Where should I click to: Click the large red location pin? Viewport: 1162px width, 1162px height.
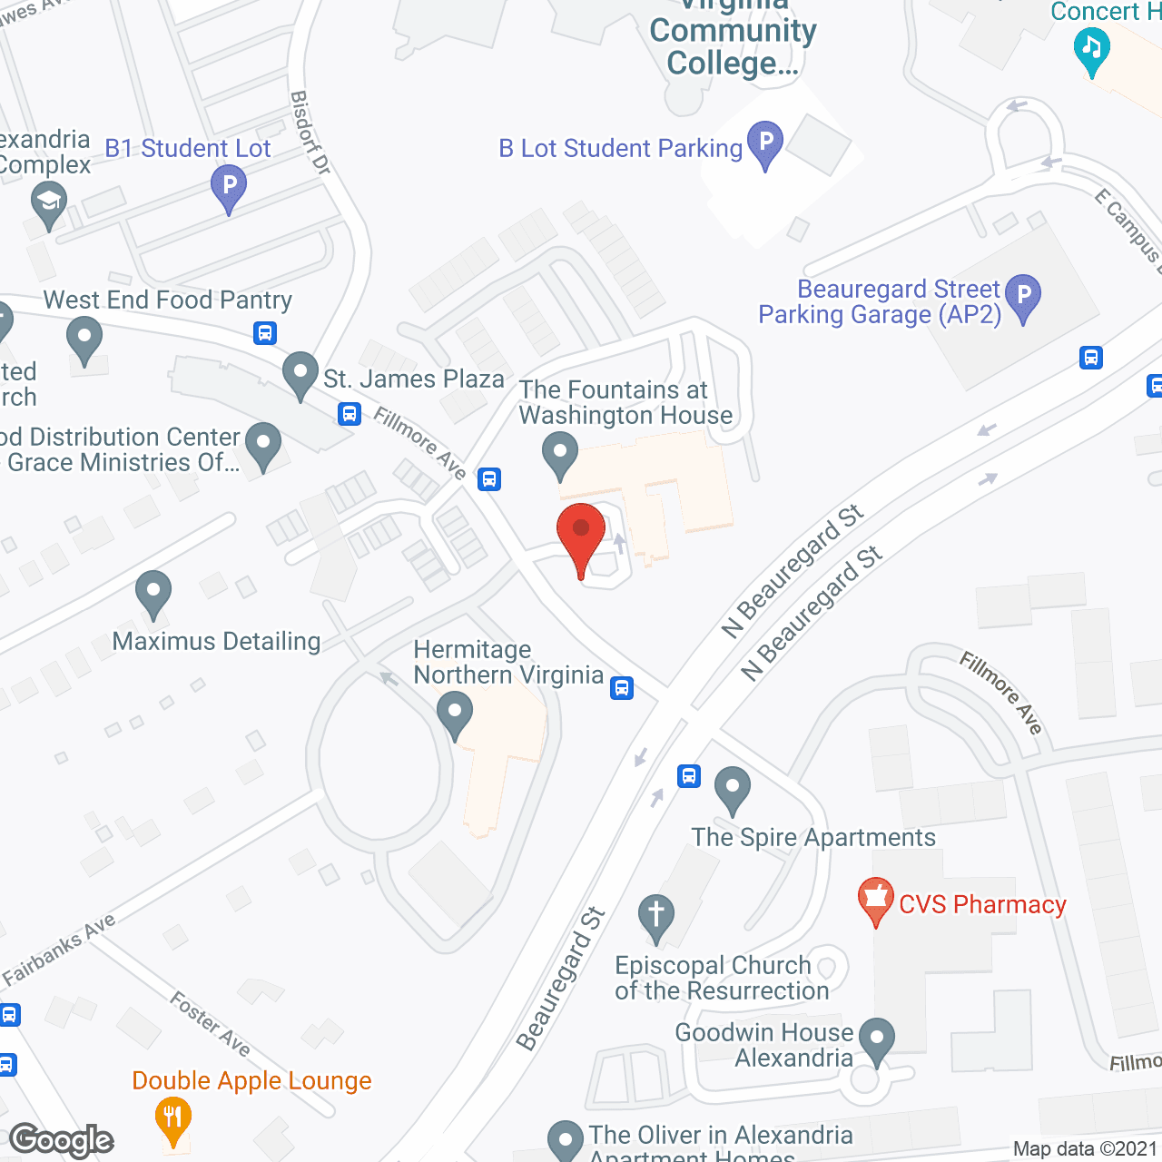581,536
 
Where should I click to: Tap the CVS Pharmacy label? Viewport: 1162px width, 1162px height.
982,905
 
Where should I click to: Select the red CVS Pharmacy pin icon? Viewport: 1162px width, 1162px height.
875,899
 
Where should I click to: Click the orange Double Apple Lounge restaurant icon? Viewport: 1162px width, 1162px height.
172,1120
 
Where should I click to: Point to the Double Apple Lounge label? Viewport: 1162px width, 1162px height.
251,1080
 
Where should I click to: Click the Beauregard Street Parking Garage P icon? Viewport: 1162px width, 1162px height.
1023,296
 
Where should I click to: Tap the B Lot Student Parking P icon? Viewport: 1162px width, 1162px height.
765,143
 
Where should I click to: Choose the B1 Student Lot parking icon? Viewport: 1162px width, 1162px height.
229,189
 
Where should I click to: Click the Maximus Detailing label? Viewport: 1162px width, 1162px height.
216,641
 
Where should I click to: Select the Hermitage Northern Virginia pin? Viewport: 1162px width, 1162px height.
455,714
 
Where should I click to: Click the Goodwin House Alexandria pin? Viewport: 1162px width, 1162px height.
876,1040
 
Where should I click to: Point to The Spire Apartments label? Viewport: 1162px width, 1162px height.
813,837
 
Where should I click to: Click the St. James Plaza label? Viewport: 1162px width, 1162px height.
414,379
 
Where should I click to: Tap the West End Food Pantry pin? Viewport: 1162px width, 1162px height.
84,339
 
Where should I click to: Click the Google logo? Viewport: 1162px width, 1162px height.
62,1140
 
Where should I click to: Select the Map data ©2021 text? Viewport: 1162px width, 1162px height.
1086,1149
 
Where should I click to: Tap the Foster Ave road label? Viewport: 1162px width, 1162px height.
210,1024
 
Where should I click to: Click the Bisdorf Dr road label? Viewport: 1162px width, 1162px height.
310,133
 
